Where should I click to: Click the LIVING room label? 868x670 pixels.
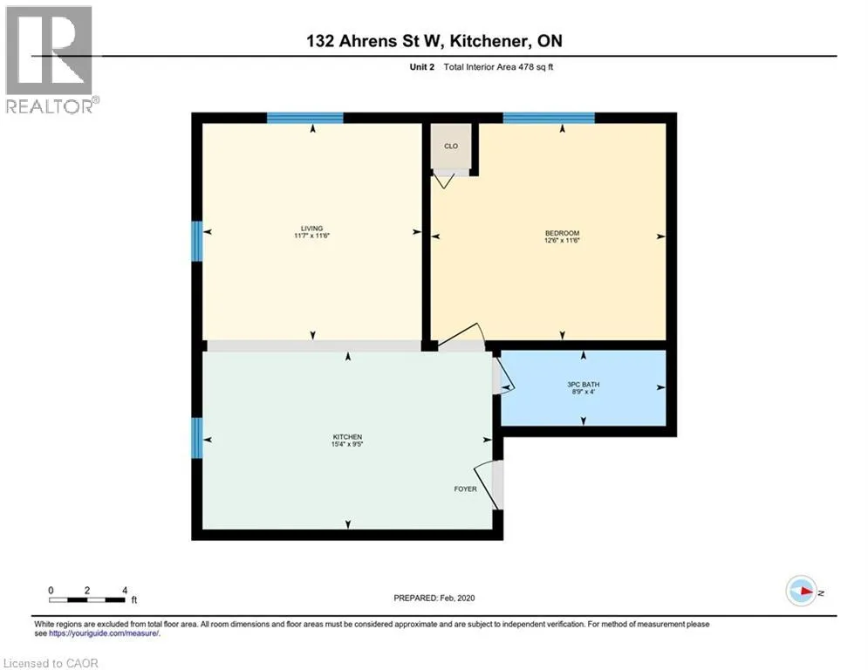pos(311,229)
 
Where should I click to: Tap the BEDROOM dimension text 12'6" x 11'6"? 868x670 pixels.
pos(562,241)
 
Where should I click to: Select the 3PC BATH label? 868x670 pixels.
pos(584,384)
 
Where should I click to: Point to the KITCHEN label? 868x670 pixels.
pos(347,437)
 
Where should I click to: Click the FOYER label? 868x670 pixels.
pos(465,489)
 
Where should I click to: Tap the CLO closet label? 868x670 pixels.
pos(451,147)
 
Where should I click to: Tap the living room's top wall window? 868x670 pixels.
pos(305,118)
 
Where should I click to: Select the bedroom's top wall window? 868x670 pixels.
pos(549,118)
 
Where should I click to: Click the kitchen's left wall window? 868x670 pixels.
pos(197,438)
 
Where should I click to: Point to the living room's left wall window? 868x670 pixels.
pos(197,241)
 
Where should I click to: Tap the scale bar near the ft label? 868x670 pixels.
pos(87,599)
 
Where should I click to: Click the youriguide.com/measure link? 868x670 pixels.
pos(104,633)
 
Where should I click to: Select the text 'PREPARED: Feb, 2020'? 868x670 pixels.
pos(434,598)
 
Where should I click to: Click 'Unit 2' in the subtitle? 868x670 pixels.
pos(422,67)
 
